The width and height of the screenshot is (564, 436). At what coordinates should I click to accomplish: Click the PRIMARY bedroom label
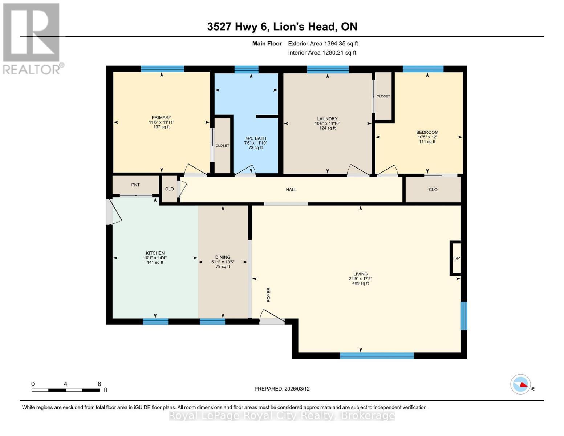(x=161, y=117)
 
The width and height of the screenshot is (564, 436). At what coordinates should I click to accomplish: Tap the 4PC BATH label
(x=256, y=138)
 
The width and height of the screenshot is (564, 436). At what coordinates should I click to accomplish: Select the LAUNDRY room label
(x=327, y=119)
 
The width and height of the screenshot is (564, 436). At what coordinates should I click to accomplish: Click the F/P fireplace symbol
(x=456, y=258)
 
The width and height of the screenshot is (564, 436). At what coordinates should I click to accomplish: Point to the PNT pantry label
(x=135, y=185)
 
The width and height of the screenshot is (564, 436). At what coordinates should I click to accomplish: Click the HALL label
(x=291, y=190)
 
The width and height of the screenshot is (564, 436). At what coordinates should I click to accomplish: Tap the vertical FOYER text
(x=269, y=295)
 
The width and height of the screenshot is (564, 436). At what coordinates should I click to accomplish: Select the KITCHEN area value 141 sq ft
(x=155, y=262)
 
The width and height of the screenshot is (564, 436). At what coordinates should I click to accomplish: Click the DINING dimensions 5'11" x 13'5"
(x=223, y=262)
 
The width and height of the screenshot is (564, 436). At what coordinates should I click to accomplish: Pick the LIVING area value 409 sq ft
(x=360, y=283)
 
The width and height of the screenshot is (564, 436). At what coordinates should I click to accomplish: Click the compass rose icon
(x=520, y=384)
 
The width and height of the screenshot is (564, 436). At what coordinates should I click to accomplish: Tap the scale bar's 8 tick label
(x=99, y=384)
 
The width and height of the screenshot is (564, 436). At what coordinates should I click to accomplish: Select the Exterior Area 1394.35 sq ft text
(x=323, y=44)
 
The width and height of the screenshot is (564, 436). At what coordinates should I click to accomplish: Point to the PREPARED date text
(x=282, y=389)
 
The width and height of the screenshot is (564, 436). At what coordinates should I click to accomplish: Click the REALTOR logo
(x=32, y=38)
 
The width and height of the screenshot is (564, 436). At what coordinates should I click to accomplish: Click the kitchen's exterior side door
(x=113, y=212)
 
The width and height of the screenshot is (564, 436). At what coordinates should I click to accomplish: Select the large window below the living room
(x=377, y=356)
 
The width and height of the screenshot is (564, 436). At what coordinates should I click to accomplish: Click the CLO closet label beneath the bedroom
(x=433, y=190)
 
